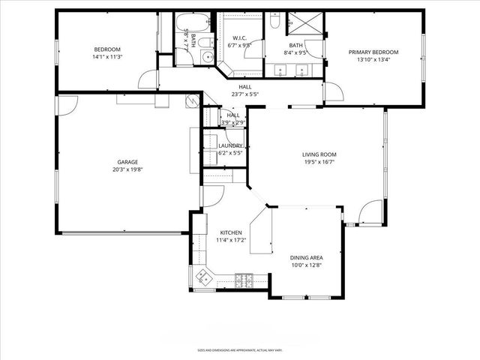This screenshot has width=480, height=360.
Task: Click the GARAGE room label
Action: pyautogui.click(x=127, y=161)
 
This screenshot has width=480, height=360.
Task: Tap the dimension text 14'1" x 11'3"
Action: pyautogui.click(x=106, y=55)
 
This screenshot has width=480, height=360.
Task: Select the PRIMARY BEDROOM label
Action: pyautogui.click(x=373, y=52)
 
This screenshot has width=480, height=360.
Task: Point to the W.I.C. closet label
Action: pyautogui.click(x=240, y=38)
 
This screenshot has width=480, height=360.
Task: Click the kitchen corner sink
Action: pyautogui.click(x=202, y=278)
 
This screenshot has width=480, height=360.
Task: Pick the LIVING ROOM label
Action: pyautogui.click(x=319, y=154)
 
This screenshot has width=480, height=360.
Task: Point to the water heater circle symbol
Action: pyautogui.click(x=192, y=101)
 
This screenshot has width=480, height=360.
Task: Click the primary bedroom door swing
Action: pyautogui.click(x=334, y=91)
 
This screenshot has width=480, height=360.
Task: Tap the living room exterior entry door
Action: pyautogui.click(x=370, y=214)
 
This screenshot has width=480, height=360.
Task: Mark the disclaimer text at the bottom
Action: pyautogui.click(x=240, y=349)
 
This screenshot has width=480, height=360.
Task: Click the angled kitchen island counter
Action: pyautogui.click(x=259, y=232)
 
